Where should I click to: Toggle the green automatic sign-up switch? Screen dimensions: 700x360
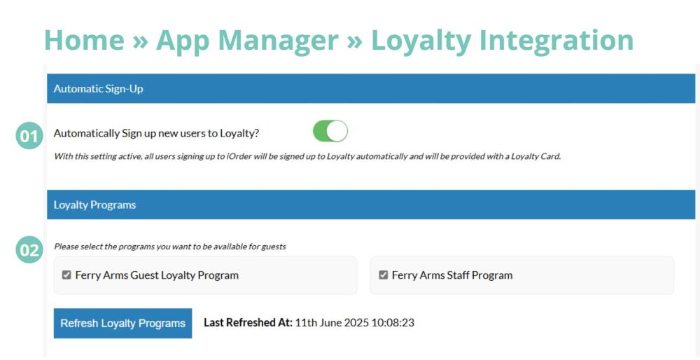(x=330, y=131)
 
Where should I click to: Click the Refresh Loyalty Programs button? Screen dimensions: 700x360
(x=122, y=323)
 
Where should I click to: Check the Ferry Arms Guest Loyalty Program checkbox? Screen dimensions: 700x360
(x=66, y=275)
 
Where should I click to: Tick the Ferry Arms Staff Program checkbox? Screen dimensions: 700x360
(x=383, y=275)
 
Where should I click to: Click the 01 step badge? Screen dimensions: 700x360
(x=29, y=136)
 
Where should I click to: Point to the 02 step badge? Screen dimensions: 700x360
(x=29, y=249)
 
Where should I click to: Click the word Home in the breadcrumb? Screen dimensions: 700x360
(x=85, y=40)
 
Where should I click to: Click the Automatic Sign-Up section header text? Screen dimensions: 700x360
(x=98, y=88)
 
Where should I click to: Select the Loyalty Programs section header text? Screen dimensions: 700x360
(x=94, y=205)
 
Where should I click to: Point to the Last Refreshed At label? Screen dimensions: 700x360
(x=248, y=322)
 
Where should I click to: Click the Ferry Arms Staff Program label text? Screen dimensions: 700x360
(x=452, y=275)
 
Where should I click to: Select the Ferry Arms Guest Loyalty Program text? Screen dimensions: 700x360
(x=157, y=275)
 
